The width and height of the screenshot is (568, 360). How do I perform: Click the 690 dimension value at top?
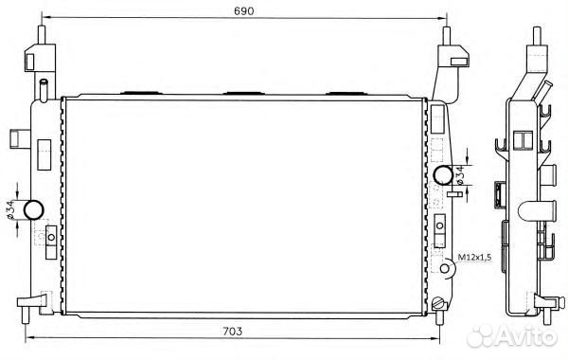click(244, 10)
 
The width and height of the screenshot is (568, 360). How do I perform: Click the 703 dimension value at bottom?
click(232, 331)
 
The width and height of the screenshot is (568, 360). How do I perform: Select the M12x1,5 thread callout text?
click(474, 258)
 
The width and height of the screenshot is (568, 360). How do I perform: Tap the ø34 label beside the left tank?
click(10, 209)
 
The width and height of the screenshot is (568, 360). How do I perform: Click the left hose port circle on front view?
click(34, 209)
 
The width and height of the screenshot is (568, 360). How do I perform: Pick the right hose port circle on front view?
click(443, 174)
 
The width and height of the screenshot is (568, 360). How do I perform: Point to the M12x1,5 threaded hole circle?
click(445, 268)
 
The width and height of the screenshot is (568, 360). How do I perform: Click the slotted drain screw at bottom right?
click(437, 302)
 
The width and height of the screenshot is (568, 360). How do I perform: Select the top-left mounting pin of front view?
click(42, 34)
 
